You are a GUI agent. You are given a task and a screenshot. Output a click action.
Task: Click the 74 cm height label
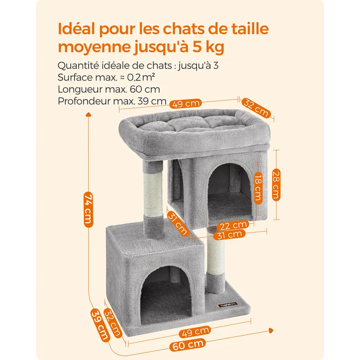[88, 209]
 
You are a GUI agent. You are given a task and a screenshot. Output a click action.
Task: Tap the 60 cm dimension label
[188, 345]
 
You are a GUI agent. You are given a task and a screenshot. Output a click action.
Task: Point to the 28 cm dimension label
[276, 185]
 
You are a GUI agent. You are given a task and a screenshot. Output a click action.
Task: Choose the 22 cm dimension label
[233, 225]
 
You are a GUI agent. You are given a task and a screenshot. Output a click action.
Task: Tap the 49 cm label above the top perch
[185, 103]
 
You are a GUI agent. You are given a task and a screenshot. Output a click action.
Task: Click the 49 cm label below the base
[195, 332]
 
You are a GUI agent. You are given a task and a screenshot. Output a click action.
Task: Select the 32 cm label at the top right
[256, 108]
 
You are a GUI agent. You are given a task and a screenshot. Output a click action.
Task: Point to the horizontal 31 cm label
[229, 234]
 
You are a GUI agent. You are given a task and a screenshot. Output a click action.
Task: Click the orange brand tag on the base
[228, 305]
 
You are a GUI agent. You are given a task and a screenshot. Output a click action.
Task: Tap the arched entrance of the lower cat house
[166, 294]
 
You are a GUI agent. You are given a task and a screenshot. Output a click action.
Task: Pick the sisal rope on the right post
[216, 253]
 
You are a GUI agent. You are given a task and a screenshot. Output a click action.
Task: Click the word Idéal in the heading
[76, 29]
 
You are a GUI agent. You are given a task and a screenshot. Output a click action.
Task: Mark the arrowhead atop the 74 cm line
[88, 114]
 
